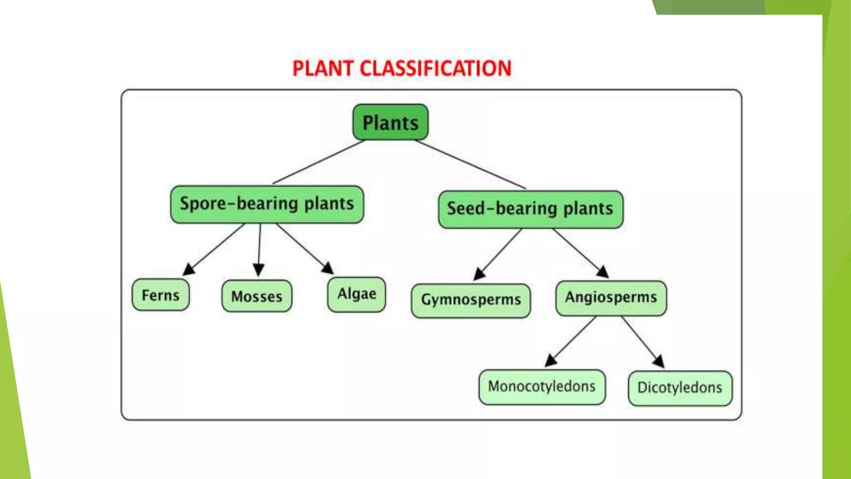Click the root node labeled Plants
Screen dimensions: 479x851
tap(390, 122)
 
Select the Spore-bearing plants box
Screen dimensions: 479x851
tap(267, 204)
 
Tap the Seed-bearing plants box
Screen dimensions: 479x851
tap(531, 209)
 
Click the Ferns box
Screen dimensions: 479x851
tap(160, 295)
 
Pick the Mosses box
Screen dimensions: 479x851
tap(256, 296)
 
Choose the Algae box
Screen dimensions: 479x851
tap(357, 294)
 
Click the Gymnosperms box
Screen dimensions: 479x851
tap(470, 300)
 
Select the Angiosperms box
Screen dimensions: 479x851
tap(611, 298)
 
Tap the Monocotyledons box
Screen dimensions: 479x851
tap(541, 387)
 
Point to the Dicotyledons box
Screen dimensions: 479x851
tap(680, 388)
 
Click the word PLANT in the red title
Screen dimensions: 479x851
tap(323, 69)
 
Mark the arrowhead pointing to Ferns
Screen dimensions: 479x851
tap(189, 269)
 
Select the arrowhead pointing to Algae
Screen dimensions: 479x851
tap(327, 268)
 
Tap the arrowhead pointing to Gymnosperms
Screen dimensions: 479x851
tap(480, 274)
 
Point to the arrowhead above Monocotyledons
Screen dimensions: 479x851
tap(551, 360)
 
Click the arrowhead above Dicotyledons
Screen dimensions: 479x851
tap(659, 361)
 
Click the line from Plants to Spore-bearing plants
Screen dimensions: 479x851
tap(318, 162)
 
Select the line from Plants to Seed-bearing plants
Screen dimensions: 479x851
tap(470, 164)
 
